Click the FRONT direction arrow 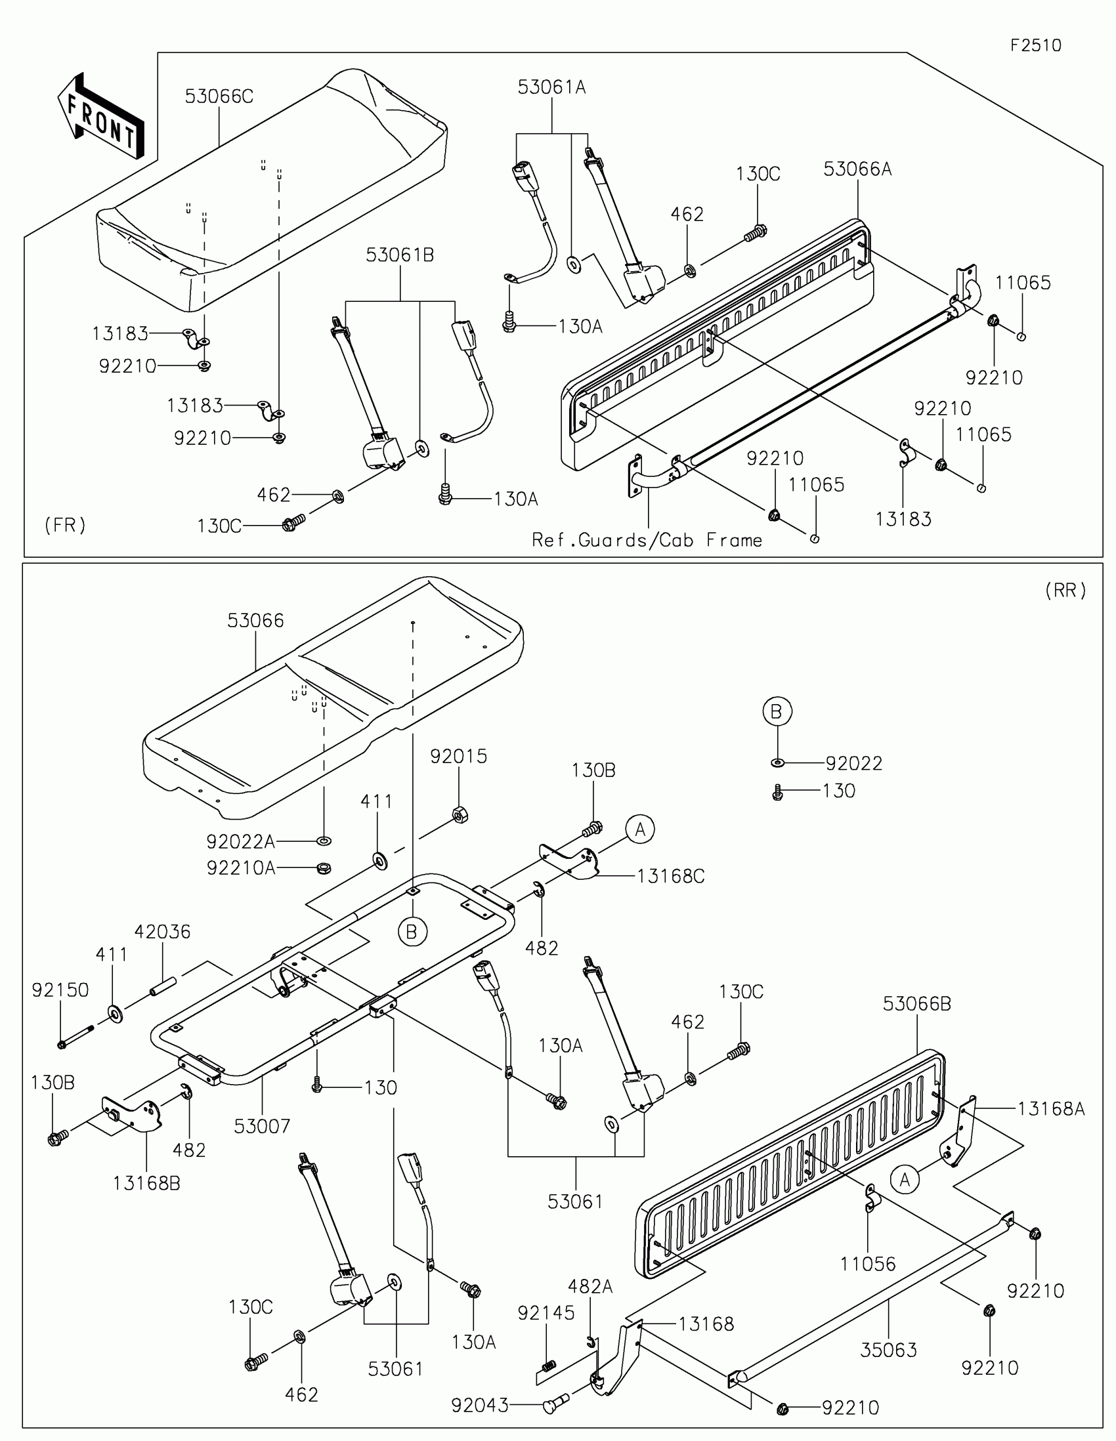click(100, 116)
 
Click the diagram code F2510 click(1035, 45)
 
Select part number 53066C click(219, 96)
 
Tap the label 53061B click(400, 255)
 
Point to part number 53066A click(857, 169)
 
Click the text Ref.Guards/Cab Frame click(647, 541)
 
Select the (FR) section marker click(66, 525)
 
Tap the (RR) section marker click(1065, 590)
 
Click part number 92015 click(459, 756)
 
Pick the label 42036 click(162, 932)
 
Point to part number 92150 click(60, 990)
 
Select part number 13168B click(146, 1183)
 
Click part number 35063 click(888, 1350)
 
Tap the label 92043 click(480, 1406)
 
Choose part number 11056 click(868, 1264)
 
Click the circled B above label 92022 click(777, 711)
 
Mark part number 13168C click(670, 876)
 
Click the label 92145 click(546, 1313)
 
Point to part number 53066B click(916, 1003)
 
